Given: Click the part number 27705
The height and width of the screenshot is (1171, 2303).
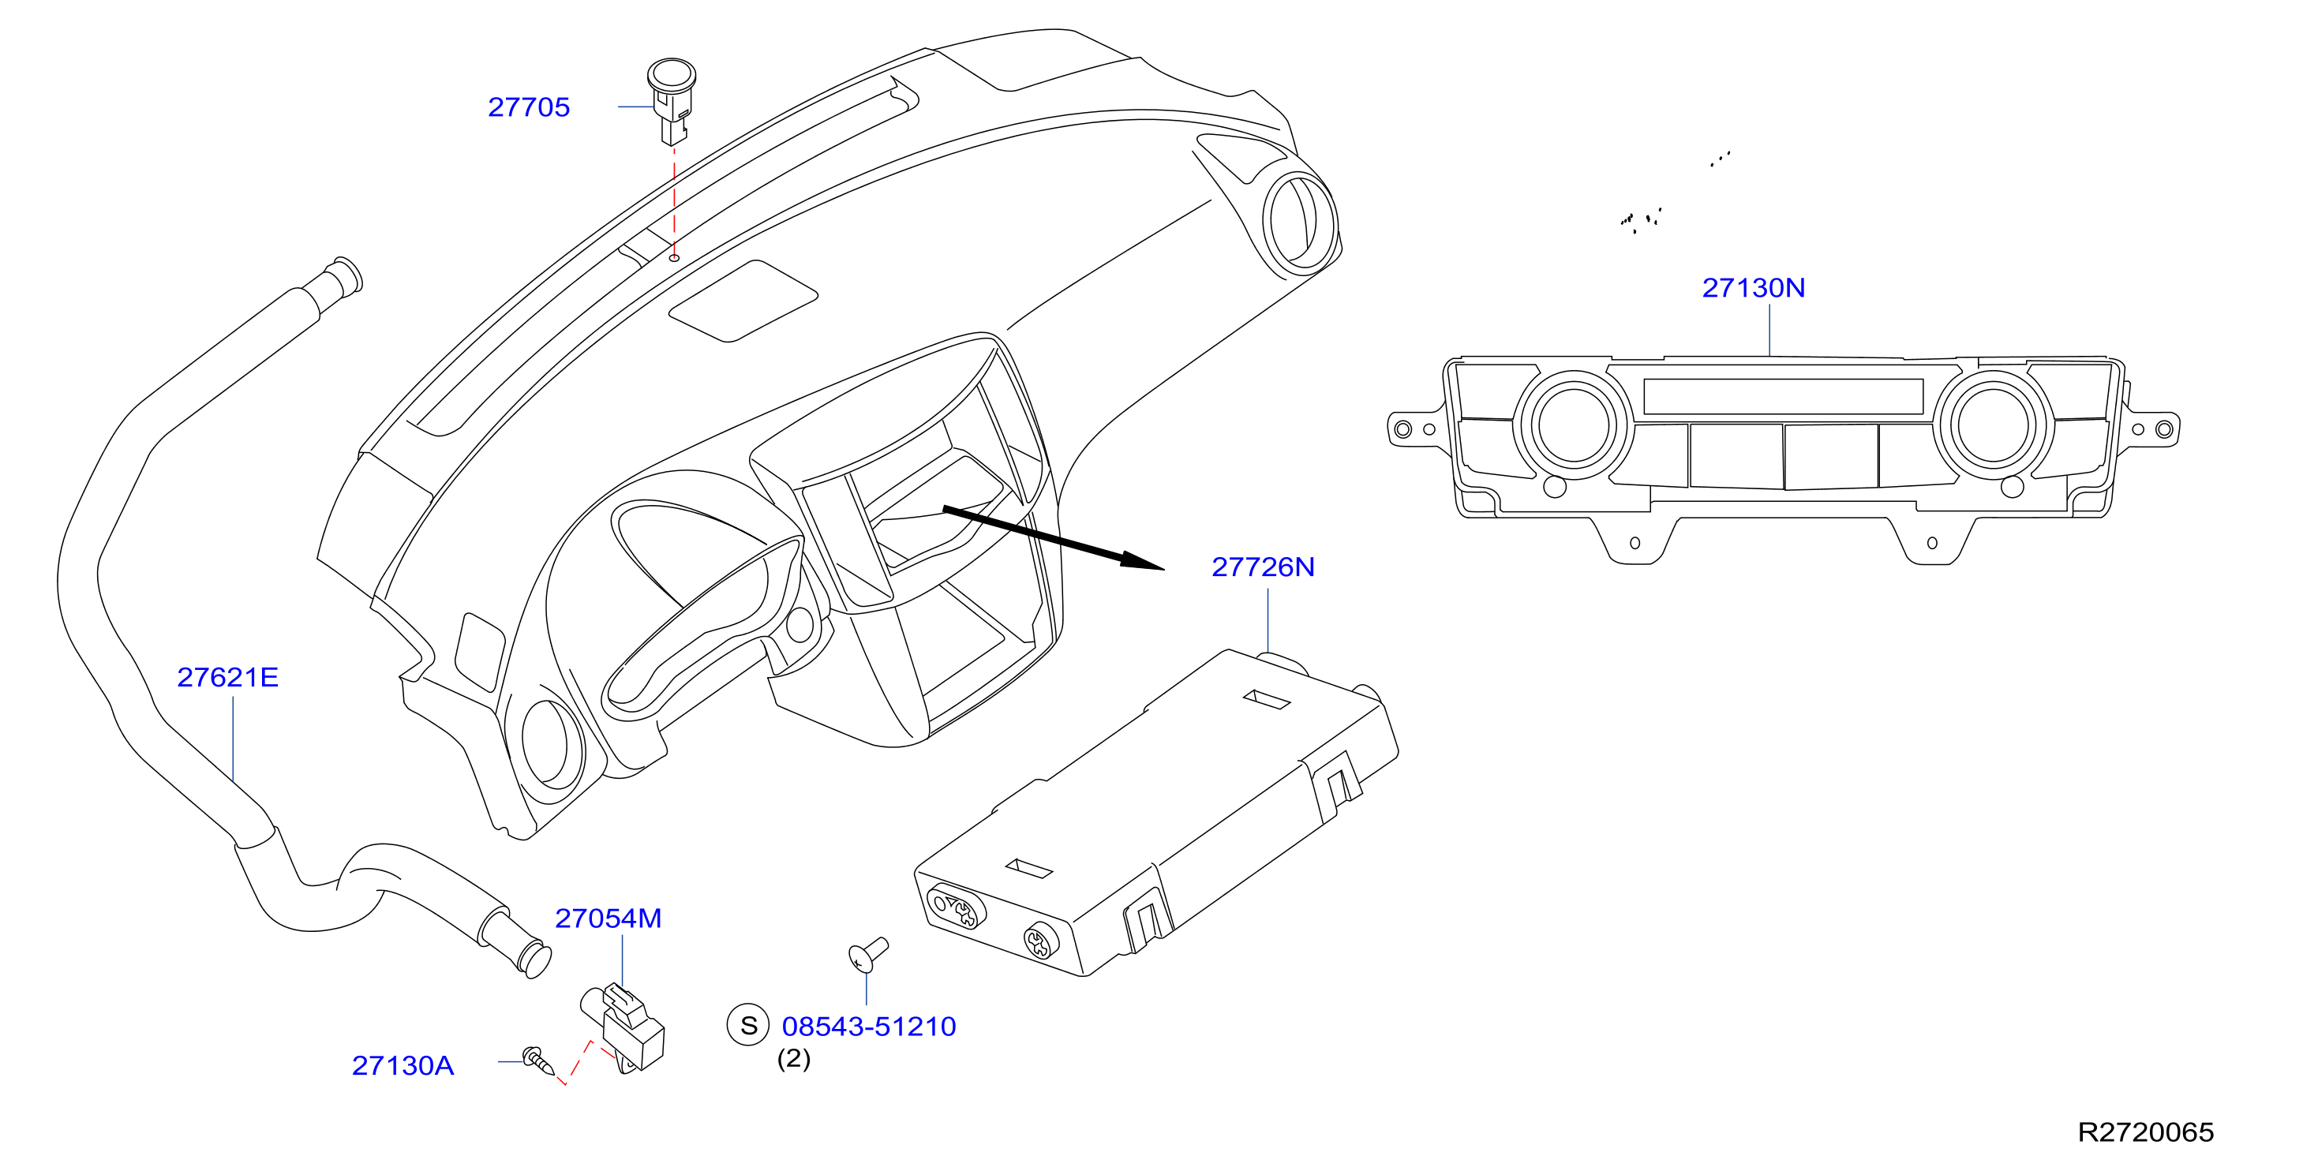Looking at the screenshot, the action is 528,107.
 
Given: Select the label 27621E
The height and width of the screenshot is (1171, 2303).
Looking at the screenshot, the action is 228,678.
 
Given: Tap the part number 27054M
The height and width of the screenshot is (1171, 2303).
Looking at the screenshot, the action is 608,919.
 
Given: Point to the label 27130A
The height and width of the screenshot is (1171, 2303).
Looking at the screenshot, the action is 403,1065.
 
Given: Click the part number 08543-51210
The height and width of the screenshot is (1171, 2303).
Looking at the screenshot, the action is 869,1026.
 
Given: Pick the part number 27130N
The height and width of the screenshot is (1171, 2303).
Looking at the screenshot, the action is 1753,288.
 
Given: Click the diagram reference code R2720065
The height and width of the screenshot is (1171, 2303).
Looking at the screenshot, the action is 2146,1132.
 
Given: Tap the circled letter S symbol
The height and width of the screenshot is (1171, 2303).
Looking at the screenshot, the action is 748,1025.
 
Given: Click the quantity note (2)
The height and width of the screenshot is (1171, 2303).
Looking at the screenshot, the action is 794,1058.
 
